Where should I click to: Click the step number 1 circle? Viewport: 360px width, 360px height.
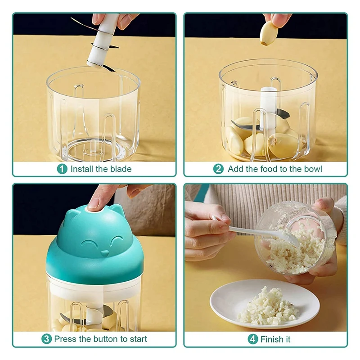62,169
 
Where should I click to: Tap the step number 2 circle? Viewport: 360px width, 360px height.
218,169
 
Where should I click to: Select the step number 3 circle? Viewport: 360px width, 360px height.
46,339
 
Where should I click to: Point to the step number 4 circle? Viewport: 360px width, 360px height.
252,339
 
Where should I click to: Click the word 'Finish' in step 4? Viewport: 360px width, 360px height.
271,339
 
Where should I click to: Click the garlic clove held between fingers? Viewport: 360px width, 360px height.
268,33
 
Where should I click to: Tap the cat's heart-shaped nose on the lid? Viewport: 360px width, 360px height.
104,253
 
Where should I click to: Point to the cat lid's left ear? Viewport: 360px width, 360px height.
72,217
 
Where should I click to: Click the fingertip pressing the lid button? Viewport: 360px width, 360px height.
94,203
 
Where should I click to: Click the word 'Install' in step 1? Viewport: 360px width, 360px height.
82,169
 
